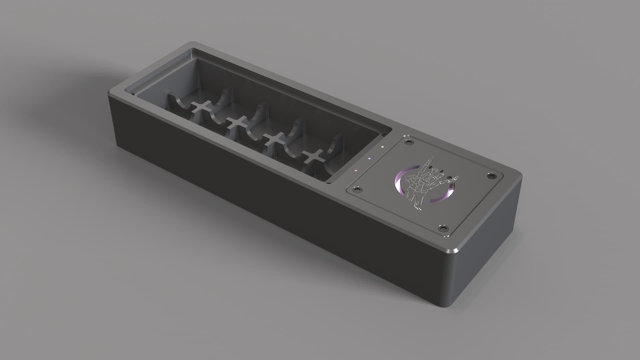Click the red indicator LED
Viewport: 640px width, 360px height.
coord(356,170)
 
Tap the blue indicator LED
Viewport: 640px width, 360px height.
coord(369,158)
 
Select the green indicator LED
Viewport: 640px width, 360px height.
coord(383,147)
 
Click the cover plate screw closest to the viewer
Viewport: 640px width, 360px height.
coord(443,228)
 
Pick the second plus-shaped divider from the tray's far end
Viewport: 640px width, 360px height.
coord(237,123)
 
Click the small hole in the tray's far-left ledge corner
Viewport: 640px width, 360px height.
coord(133,94)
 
